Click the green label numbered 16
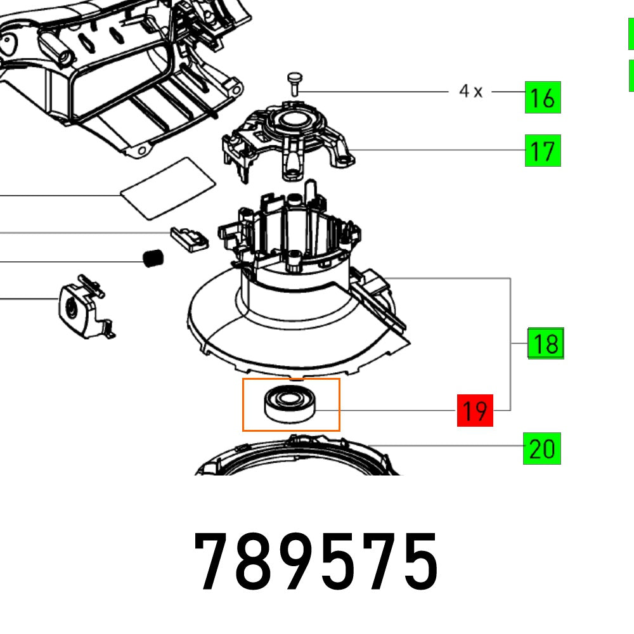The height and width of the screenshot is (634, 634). [543, 99]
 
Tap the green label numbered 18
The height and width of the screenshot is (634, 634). [546, 344]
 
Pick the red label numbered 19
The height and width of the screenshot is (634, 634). [475, 411]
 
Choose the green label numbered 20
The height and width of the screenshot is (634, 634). [542, 449]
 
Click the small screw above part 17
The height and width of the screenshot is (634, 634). [295, 82]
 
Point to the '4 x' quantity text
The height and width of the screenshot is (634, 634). [470, 92]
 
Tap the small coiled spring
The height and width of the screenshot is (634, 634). [152, 259]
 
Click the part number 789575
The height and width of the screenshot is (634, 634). [316, 561]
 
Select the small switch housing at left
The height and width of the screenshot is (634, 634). [79, 307]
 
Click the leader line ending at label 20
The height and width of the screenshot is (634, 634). [444, 446]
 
